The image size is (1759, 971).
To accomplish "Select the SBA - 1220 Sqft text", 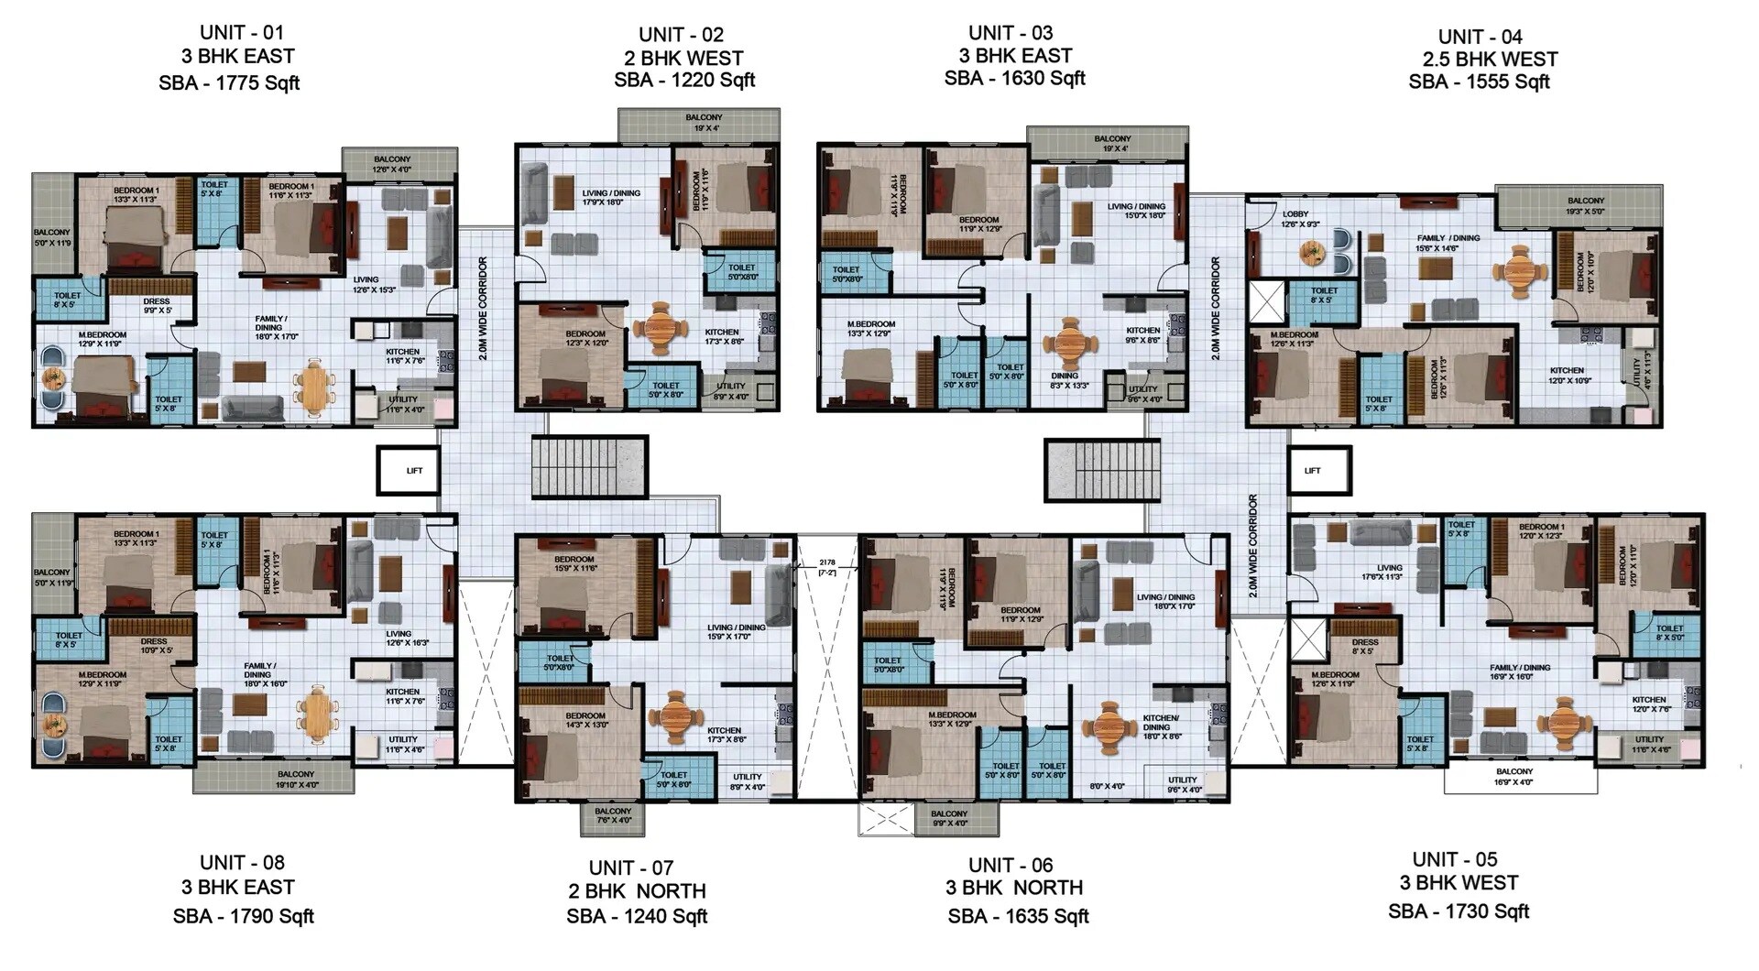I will [684, 80].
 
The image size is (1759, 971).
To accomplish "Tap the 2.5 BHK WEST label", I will [1490, 60].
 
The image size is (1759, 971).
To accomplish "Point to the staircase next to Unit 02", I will [590, 467].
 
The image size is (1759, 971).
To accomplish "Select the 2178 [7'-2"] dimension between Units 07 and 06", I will [827, 566].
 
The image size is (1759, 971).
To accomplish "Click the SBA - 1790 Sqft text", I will [244, 916].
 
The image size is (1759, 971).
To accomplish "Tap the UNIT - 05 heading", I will [1455, 859].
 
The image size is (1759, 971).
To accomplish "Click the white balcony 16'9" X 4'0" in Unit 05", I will [1520, 777].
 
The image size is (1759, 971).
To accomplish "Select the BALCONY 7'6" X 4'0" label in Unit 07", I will [613, 816].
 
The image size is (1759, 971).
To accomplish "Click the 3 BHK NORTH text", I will [1015, 888].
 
